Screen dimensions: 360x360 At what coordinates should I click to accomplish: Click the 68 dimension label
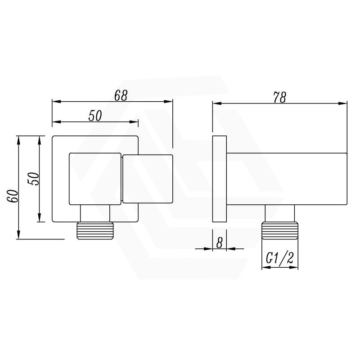121,95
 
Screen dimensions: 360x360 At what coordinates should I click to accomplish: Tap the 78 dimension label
279,97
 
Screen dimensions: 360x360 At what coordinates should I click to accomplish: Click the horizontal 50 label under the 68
95,116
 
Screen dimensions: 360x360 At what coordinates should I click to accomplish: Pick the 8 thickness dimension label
220,243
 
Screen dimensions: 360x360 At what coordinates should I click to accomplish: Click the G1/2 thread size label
280,258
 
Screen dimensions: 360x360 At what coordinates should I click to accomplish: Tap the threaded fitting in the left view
95,230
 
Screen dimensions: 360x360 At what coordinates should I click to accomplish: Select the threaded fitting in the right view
280,230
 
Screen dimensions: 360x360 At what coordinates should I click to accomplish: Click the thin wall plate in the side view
219,179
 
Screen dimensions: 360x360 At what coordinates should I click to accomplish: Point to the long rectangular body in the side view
286,179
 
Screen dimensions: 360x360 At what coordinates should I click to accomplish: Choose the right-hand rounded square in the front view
147,179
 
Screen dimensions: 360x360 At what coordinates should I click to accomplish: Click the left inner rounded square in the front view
95,179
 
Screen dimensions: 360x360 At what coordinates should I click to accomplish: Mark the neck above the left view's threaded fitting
95,214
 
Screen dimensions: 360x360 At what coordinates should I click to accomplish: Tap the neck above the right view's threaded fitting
280,213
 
